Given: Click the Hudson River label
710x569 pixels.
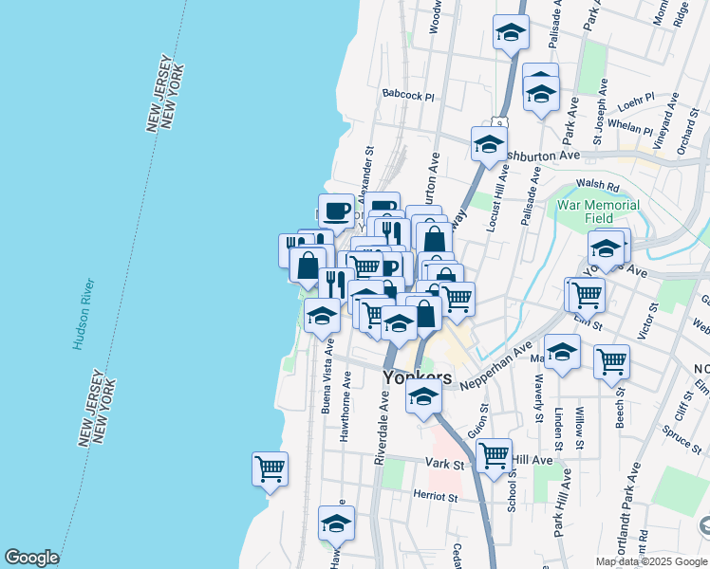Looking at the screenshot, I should tap(83, 315).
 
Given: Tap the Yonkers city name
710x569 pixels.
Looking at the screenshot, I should tap(417, 377).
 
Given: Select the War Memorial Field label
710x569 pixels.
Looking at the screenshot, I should tap(611, 211).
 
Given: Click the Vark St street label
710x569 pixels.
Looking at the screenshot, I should tap(443, 465).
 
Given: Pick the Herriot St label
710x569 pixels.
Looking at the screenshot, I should tap(435, 496).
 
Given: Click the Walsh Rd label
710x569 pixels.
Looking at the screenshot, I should tap(599, 188).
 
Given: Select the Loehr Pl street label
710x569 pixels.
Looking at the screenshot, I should tap(635, 98).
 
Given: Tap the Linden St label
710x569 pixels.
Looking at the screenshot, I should tap(558, 429).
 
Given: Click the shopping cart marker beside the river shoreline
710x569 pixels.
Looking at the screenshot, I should tap(271, 468).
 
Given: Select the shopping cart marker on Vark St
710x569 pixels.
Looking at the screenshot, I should tap(494, 455).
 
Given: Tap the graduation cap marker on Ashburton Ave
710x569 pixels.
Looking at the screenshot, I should tap(489, 145).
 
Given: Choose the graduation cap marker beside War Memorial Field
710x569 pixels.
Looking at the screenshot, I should tap(605, 248).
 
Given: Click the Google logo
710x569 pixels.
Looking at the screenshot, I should tap(31, 558).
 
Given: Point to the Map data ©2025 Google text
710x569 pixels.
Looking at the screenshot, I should tap(650, 561).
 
